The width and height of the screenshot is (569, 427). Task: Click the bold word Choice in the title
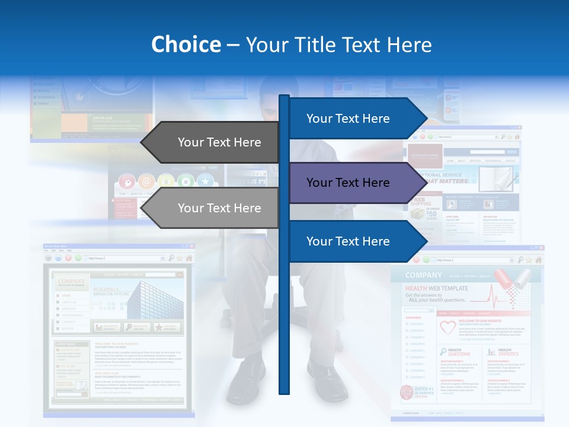[186, 45]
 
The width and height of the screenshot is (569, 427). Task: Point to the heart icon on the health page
[447, 327]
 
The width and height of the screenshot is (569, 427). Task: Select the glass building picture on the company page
[155, 299]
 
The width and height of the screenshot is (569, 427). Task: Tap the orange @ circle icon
[146, 181]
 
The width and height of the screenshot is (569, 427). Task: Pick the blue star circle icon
[205, 181]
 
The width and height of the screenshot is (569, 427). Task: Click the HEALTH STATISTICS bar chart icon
[491, 352]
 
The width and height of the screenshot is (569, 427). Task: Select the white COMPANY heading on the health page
[424, 275]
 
